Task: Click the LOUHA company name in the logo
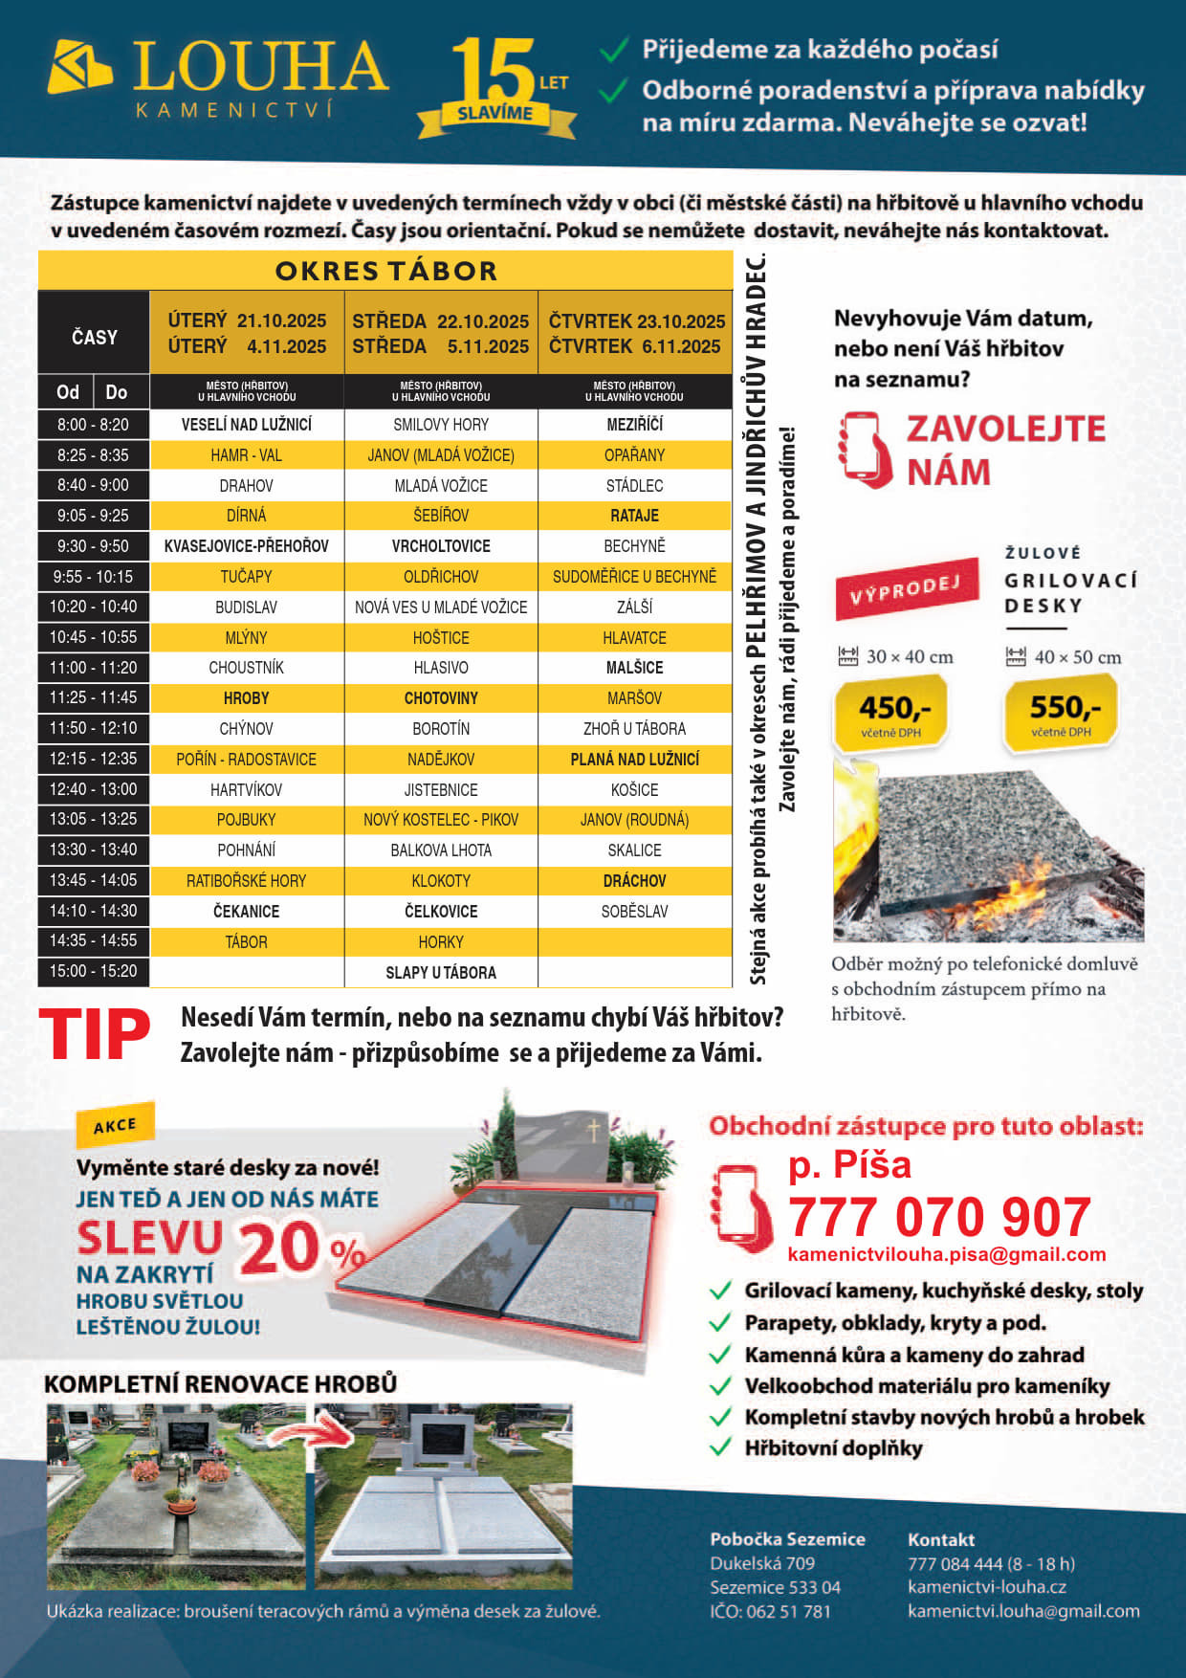[x=259, y=67]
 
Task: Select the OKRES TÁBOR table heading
[x=385, y=271]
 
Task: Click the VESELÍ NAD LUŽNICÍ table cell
[x=247, y=425]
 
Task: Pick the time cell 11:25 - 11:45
[x=94, y=697]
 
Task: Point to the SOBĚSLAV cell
[x=634, y=912]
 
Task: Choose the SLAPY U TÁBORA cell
[x=441, y=972]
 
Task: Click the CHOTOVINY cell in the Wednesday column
[x=441, y=698]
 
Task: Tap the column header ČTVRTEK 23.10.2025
[x=636, y=321]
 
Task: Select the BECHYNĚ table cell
[x=634, y=546]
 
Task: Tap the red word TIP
[x=95, y=1035]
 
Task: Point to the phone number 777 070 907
[x=939, y=1217]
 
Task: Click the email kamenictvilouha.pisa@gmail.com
[x=946, y=1254]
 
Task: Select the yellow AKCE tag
[x=115, y=1126]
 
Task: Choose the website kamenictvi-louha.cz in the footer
[x=986, y=1587]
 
